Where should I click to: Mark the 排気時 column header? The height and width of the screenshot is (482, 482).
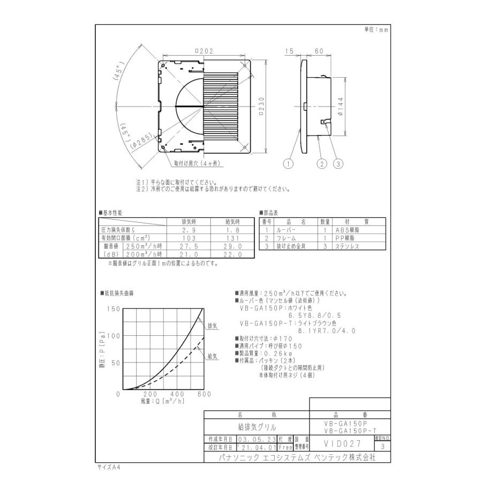[x=184, y=221]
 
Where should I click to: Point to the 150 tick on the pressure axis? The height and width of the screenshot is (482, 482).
[x=113, y=309]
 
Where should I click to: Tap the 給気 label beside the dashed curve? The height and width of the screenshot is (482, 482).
[x=212, y=355]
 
